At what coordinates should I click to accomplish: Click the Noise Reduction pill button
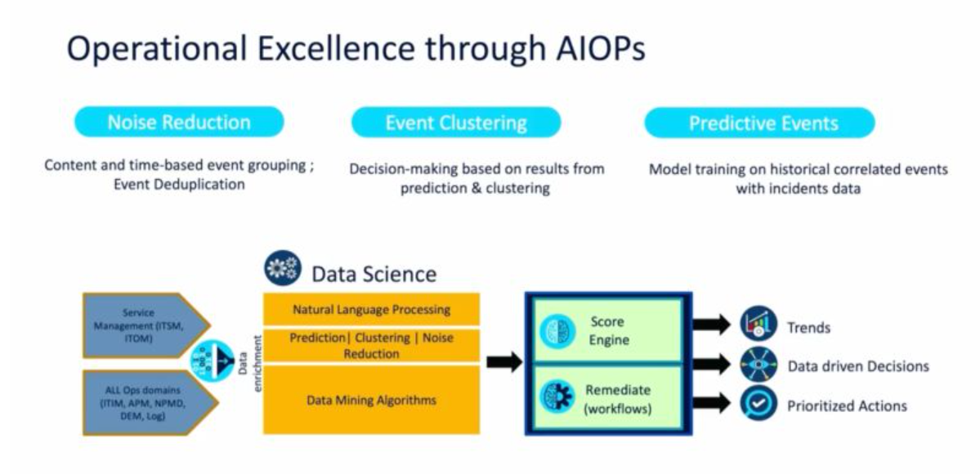point(179,123)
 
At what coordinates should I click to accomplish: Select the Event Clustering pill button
point(456,123)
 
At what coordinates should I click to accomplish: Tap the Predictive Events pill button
point(759,123)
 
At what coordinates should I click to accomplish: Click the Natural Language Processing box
point(371,310)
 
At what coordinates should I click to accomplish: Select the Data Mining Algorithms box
point(371,400)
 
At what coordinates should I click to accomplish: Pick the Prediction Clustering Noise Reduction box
point(371,346)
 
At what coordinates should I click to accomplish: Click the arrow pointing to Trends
point(711,325)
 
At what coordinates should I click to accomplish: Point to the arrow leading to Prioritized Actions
point(711,400)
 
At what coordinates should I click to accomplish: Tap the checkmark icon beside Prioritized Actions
point(758,404)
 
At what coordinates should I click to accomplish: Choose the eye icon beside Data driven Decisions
point(758,365)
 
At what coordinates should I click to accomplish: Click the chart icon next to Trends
point(758,325)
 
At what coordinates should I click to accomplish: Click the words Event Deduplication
point(179,185)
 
